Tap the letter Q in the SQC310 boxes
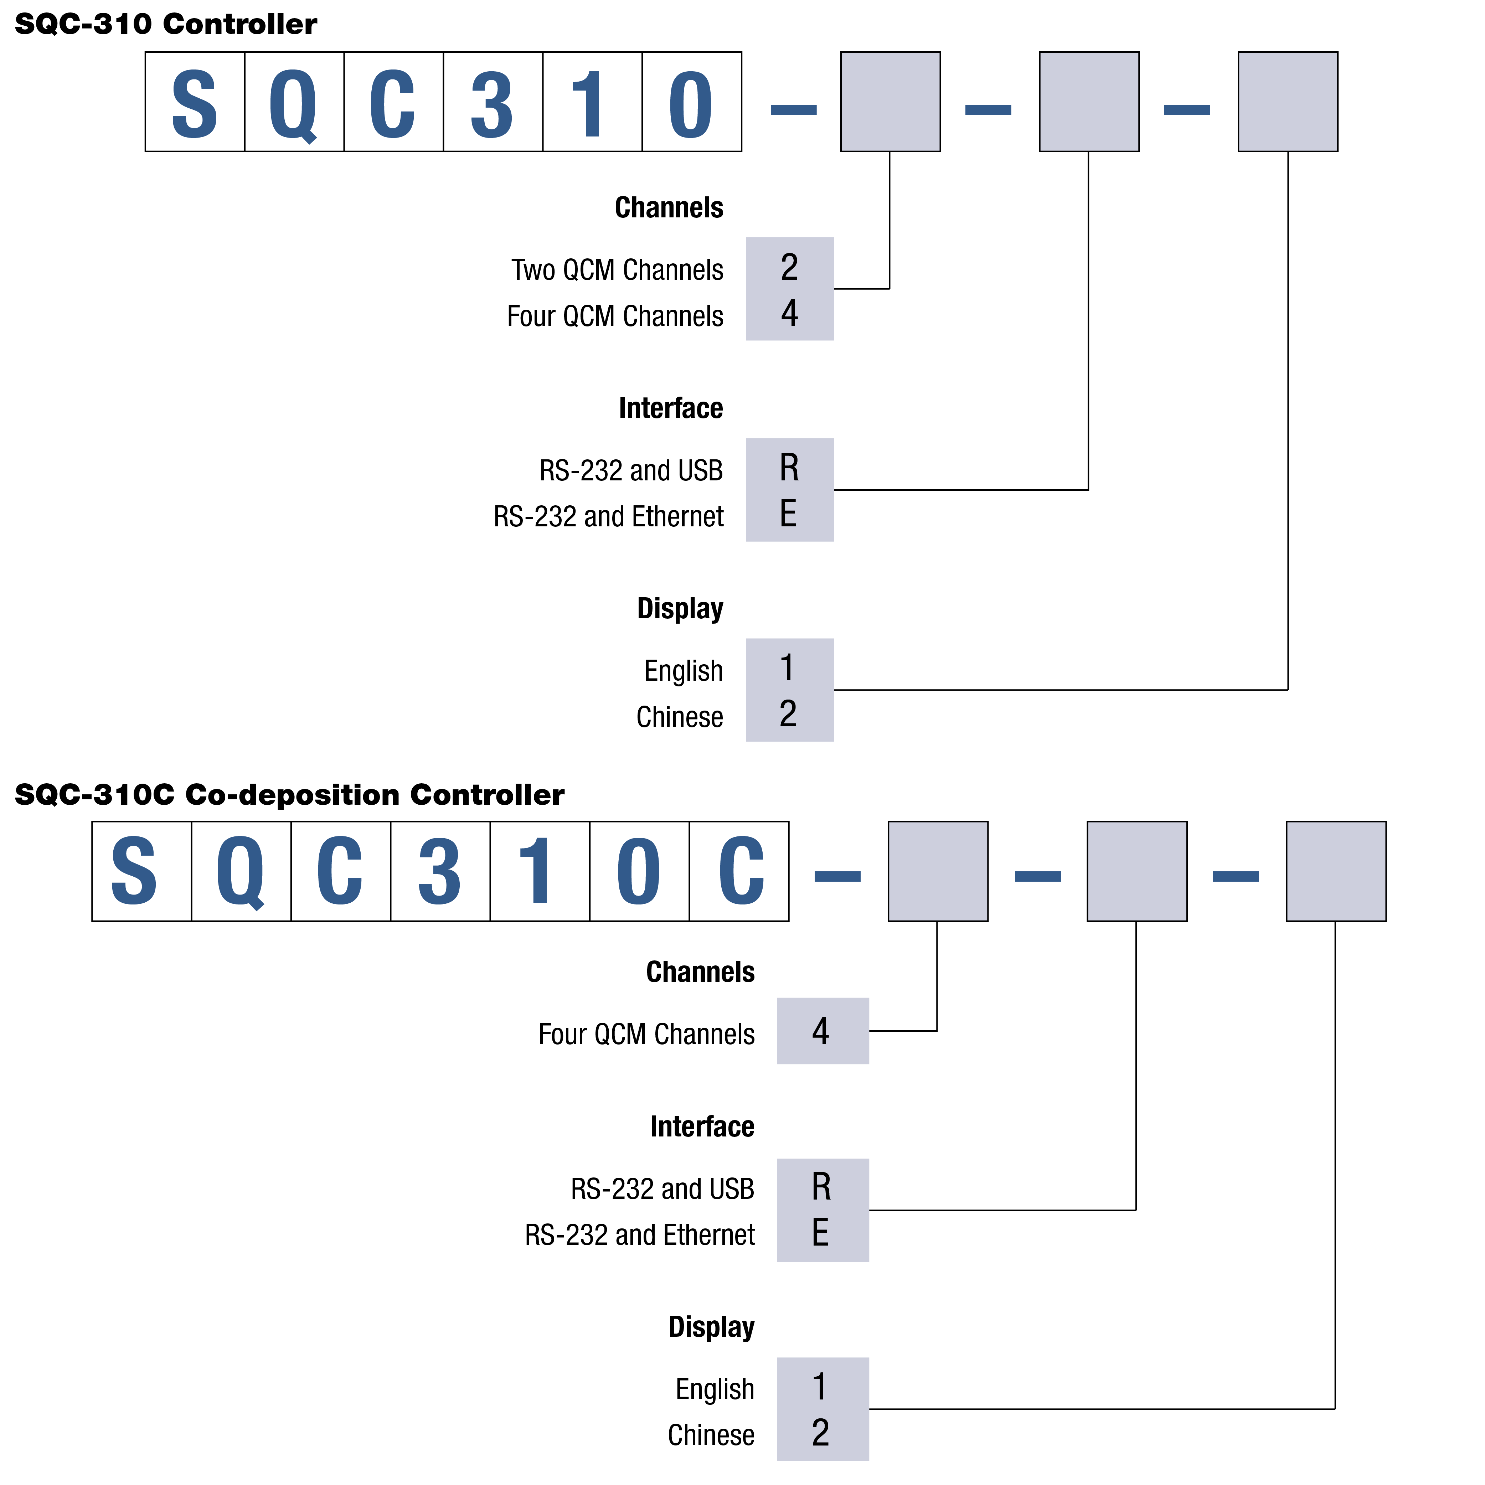click(294, 102)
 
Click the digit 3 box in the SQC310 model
click(493, 102)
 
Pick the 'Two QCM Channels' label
click(617, 270)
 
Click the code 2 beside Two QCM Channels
click(789, 268)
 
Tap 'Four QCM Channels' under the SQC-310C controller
click(646, 1034)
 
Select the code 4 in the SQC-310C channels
click(821, 1031)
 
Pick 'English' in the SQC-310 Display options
click(683, 670)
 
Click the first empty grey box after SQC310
click(890, 102)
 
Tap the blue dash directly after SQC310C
click(837, 876)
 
